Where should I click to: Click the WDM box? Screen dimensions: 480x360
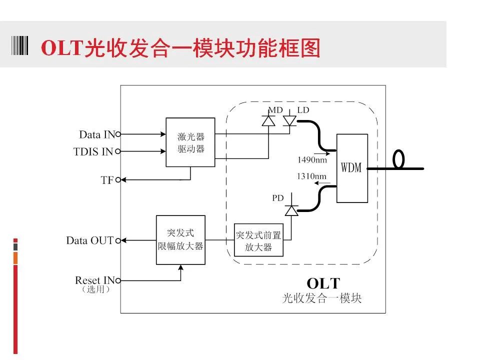click(352, 168)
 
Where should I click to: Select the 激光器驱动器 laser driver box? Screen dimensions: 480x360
click(190, 142)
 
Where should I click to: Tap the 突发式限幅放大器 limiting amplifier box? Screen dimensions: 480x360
click(180, 239)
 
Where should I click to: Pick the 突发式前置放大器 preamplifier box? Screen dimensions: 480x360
click(258, 240)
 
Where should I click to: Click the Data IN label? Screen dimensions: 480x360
click(97, 134)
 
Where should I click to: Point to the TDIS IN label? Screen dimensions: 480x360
click(93, 151)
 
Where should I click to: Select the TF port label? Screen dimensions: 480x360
click(107, 180)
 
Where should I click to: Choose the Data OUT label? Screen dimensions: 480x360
click(90, 240)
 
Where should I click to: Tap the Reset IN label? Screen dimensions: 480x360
click(95, 280)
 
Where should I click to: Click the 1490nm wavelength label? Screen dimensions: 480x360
click(312, 160)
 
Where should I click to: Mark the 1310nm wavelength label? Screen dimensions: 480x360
click(311, 176)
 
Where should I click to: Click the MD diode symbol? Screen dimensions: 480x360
click(268, 121)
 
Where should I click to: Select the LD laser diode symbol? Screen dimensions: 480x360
click(289, 120)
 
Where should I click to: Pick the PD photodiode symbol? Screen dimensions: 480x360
click(291, 210)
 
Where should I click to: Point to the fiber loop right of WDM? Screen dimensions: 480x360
click(398, 159)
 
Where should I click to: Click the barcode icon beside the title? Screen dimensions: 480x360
click(20, 45)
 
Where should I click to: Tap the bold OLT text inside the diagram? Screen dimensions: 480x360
click(323, 283)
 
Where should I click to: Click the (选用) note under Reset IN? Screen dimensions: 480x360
click(95, 289)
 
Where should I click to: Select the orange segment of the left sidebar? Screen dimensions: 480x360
click(15, 258)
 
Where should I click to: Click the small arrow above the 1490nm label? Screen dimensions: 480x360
click(321, 153)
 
